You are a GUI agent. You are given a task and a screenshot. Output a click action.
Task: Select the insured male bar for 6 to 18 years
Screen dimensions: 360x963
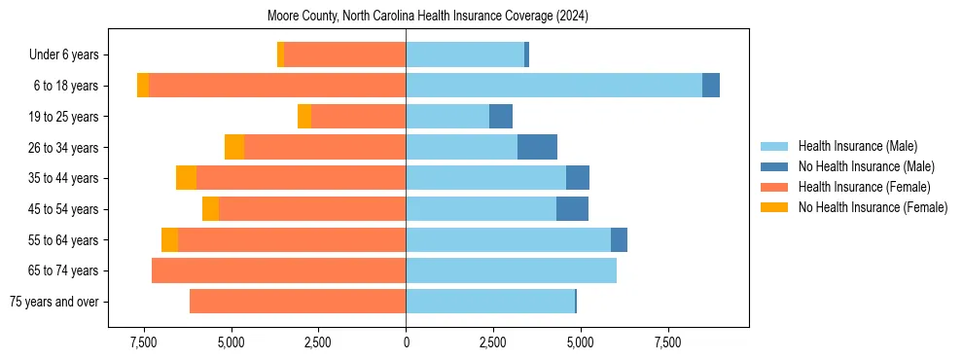tap(553, 86)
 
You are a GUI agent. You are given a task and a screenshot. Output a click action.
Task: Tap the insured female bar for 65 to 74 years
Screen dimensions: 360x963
tap(278, 270)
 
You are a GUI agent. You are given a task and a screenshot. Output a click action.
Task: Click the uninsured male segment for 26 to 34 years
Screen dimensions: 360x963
tap(537, 147)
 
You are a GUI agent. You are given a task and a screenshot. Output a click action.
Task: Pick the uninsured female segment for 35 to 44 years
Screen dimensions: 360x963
tap(186, 178)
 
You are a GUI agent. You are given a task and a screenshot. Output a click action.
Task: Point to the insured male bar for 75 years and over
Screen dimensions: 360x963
tap(490, 302)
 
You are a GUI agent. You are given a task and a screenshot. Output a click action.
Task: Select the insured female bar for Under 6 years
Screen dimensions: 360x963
tap(344, 54)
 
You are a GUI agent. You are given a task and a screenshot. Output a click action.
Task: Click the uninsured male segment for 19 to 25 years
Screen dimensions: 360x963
tap(500, 117)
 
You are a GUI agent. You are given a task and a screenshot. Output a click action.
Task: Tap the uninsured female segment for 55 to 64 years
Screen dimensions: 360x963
tap(169, 239)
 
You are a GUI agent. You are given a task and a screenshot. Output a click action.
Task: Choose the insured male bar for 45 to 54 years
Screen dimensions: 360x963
tap(481, 209)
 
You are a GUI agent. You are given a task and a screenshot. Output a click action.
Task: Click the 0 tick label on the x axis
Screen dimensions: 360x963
tap(406, 342)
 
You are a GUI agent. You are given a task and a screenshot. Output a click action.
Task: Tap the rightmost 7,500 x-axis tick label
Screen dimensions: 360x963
tap(667, 342)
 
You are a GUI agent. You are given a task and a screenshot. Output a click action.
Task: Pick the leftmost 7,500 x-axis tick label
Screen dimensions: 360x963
tap(144, 342)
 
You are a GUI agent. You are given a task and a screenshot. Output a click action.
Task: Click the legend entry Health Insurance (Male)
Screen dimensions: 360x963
tap(857, 146)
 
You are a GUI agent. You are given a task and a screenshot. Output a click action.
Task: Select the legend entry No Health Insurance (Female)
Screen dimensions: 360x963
tap(873, 207)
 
